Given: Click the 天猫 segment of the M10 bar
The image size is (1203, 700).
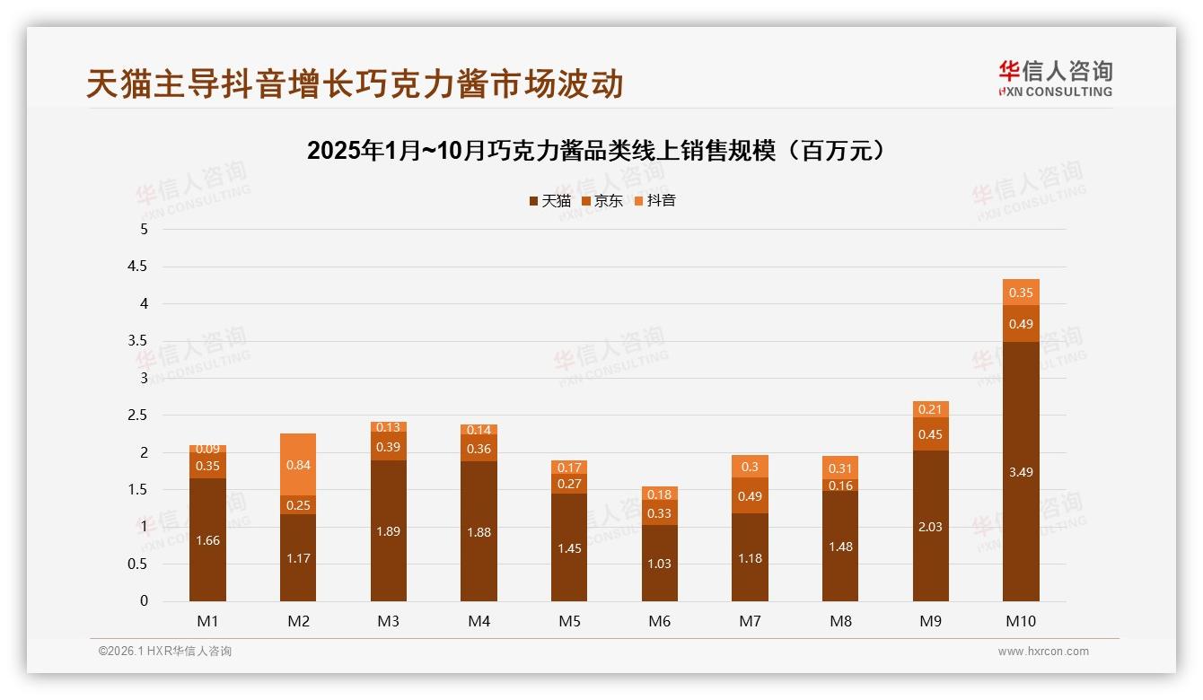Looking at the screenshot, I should (x=1021, y=471).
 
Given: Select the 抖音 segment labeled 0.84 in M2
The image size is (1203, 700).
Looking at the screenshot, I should (x=298, y=465).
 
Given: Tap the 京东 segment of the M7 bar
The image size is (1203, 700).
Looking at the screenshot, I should (x=750, y=495).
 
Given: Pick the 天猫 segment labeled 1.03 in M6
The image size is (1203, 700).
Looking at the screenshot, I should (x=660, y=563).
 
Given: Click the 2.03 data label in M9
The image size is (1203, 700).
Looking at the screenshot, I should (x=930, y=527).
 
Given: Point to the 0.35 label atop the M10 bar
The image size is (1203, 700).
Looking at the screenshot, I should (x=1021, y=293).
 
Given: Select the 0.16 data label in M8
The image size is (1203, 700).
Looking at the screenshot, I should (x=840, y=486).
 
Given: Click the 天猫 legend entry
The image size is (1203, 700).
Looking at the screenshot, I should (x=549, y=201).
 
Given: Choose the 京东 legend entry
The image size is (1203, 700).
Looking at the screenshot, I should (x=602, y=201).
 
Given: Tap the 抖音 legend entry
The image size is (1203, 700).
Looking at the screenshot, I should (x=654, y=201).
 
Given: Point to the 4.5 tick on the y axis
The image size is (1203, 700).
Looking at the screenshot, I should (x=138, y=267).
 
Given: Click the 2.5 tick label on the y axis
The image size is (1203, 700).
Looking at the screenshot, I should (x=138, y=416).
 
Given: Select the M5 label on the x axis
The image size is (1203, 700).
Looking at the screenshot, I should (x=569, y=621).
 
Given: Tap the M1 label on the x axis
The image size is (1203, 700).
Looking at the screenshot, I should (x=207, y=621).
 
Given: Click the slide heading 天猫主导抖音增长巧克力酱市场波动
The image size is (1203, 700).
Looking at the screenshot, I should (x=355, y=84).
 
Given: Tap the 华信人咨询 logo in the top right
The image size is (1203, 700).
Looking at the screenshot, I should (x=1055, y=78).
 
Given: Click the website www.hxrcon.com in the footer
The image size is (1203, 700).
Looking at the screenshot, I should (x=1043, y=652).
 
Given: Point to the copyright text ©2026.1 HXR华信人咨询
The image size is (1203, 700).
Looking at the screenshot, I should (x=165, y=652).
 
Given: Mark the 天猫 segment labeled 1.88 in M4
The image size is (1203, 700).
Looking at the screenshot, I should (x=479, y=531).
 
